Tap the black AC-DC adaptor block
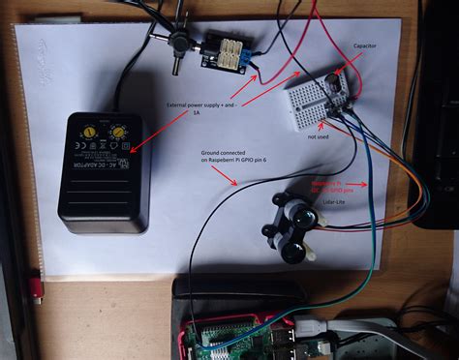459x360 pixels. pos(104,172)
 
